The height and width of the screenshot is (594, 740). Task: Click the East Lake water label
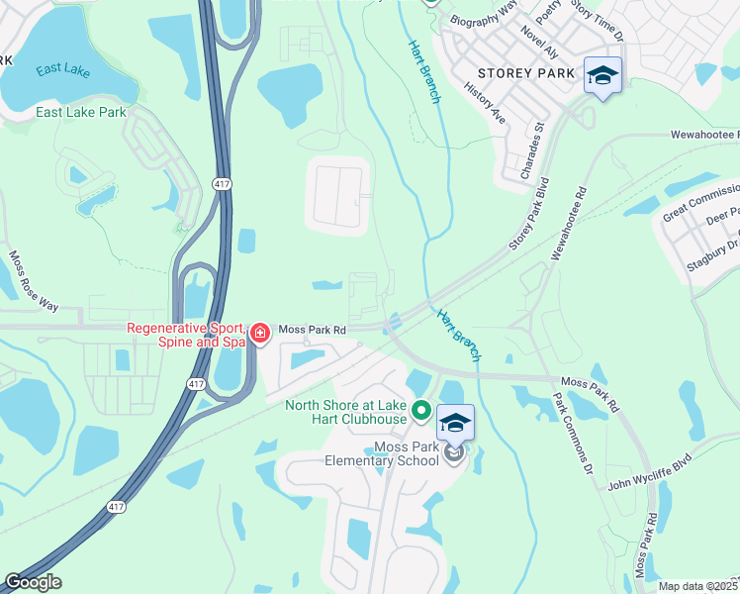pos(63,69)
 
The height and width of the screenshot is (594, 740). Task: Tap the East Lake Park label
pos(81,112)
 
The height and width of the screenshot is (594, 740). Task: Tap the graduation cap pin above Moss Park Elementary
pos(455,424)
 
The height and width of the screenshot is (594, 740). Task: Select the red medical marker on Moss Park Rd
pos(259,334)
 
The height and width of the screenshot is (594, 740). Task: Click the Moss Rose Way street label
pos(34,280)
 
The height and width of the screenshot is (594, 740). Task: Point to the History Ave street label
pos(485,103)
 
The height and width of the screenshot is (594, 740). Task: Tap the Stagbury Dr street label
pos(713,243)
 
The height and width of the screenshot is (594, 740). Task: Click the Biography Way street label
pos(484,11)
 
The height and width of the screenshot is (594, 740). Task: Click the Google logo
pos(33,582)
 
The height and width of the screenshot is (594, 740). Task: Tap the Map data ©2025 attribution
pos(697,586)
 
